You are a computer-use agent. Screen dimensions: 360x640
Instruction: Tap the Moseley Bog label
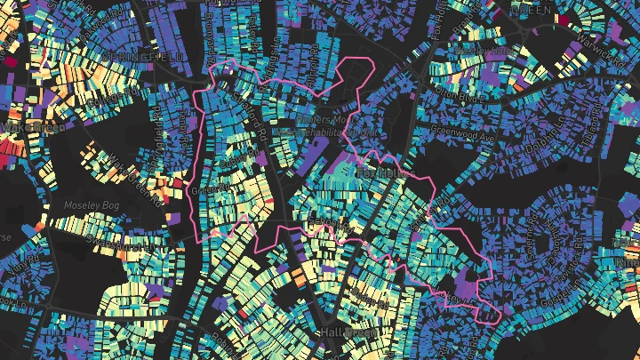tap(87, 205)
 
